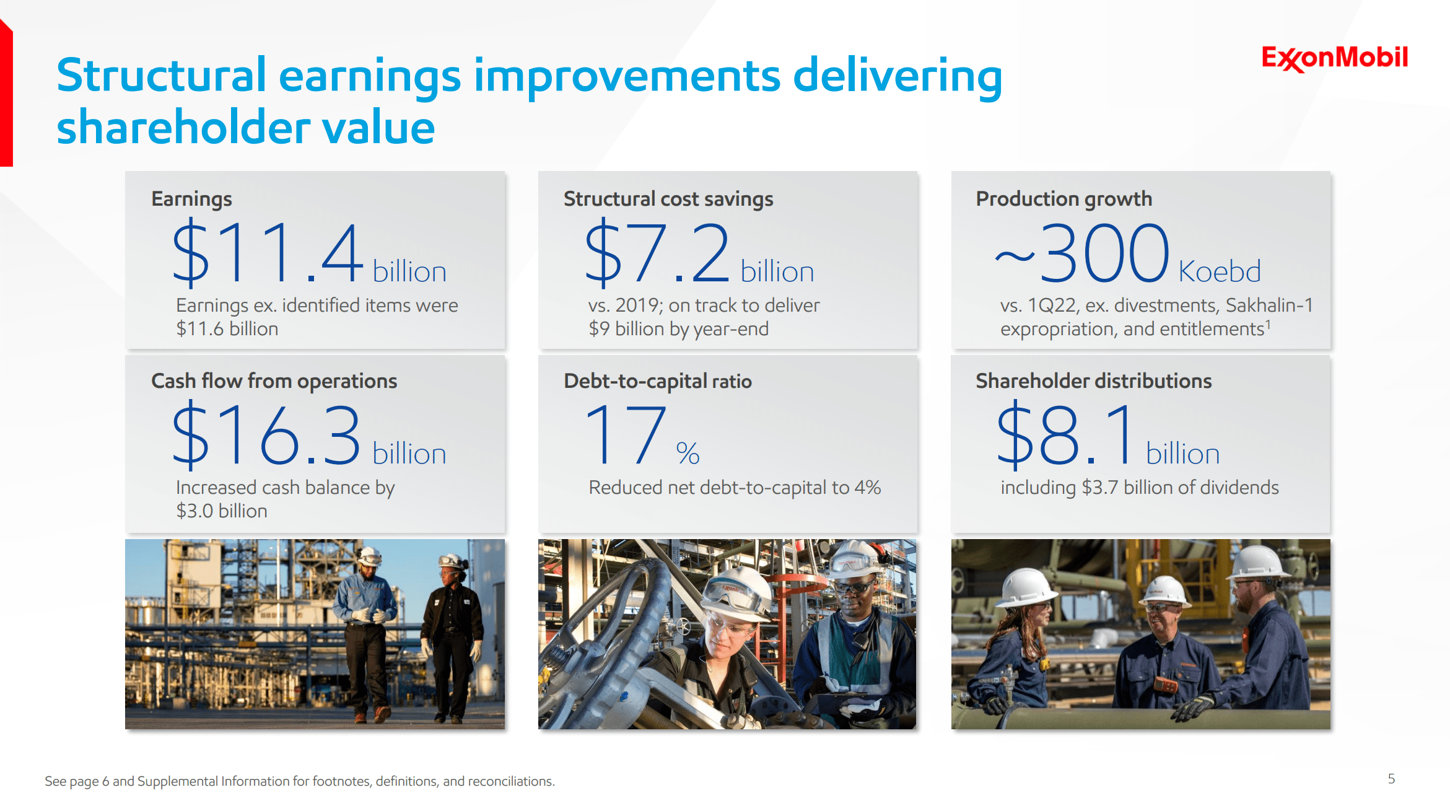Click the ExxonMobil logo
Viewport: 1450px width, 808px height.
1335,58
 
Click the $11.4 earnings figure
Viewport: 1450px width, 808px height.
268,253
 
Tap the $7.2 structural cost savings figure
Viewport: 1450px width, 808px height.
657,253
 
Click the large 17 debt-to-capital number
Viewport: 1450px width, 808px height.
626,434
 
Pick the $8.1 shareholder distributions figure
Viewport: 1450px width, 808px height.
1066,434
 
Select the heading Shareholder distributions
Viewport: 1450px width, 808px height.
1094,381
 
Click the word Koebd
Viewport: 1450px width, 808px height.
1220,271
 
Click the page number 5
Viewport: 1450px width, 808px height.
1391,779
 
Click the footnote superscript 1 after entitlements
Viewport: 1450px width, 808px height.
1268,324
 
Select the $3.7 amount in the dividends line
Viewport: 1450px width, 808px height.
1100,488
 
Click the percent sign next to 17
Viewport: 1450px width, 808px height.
688,454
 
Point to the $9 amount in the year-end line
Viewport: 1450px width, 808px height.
599,329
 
